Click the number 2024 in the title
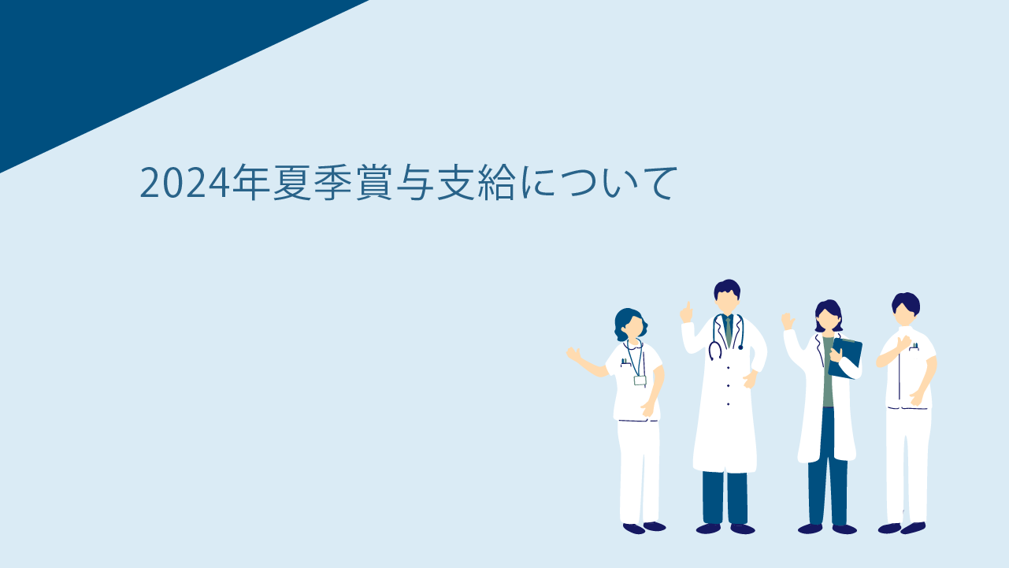184,183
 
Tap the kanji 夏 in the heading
292,182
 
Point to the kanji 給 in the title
496,182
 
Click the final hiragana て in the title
658,183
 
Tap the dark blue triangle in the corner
121,58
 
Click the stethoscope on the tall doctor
725,336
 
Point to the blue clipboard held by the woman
845,358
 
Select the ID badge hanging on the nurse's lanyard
640,381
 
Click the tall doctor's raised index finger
688,307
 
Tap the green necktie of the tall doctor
729,331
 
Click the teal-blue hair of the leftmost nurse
626,322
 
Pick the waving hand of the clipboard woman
788,321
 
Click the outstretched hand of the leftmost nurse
573,354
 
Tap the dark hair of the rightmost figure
906,303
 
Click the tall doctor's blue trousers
725,497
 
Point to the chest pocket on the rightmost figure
914,347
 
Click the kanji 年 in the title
251,182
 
